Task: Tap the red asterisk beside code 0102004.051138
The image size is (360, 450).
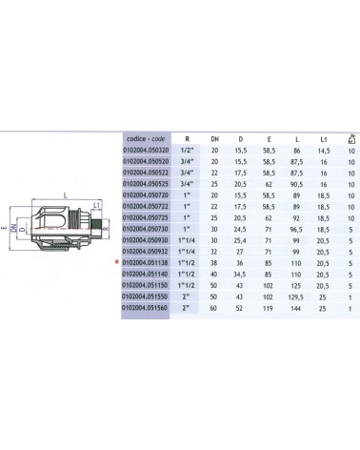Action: pos(116,263)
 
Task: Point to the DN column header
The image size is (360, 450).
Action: pos(215,137)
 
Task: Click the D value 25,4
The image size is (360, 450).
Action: pos(241,230)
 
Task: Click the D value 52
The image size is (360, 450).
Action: pos(241,309)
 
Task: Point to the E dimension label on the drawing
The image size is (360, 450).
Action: pos(5,228)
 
